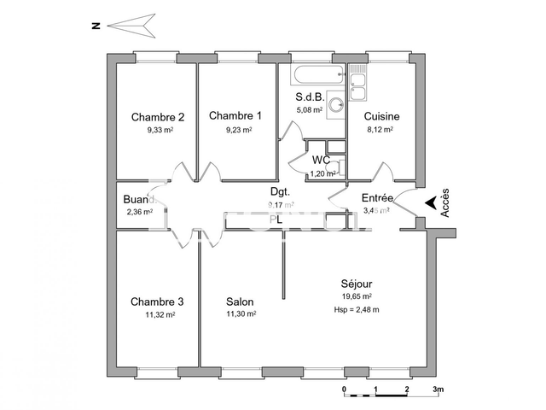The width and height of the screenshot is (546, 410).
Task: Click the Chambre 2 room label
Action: pos(158,117)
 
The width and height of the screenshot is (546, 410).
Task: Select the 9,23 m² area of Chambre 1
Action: pos(238,131)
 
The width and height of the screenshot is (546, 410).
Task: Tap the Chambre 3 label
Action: pos(157,302)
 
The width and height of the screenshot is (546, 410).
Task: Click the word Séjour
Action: pos(356,284)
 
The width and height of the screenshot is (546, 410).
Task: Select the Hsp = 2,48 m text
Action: pos(357,309)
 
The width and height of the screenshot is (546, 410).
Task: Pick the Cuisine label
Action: pos(381,117)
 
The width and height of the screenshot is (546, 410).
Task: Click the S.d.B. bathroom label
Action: pos(310,97)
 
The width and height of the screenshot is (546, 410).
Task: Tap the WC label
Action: pos(321,160)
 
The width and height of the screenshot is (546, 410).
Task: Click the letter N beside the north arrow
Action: pos(96,26)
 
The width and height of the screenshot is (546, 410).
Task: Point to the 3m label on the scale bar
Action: pos(438,389)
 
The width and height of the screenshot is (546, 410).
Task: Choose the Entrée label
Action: pos(377,198)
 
